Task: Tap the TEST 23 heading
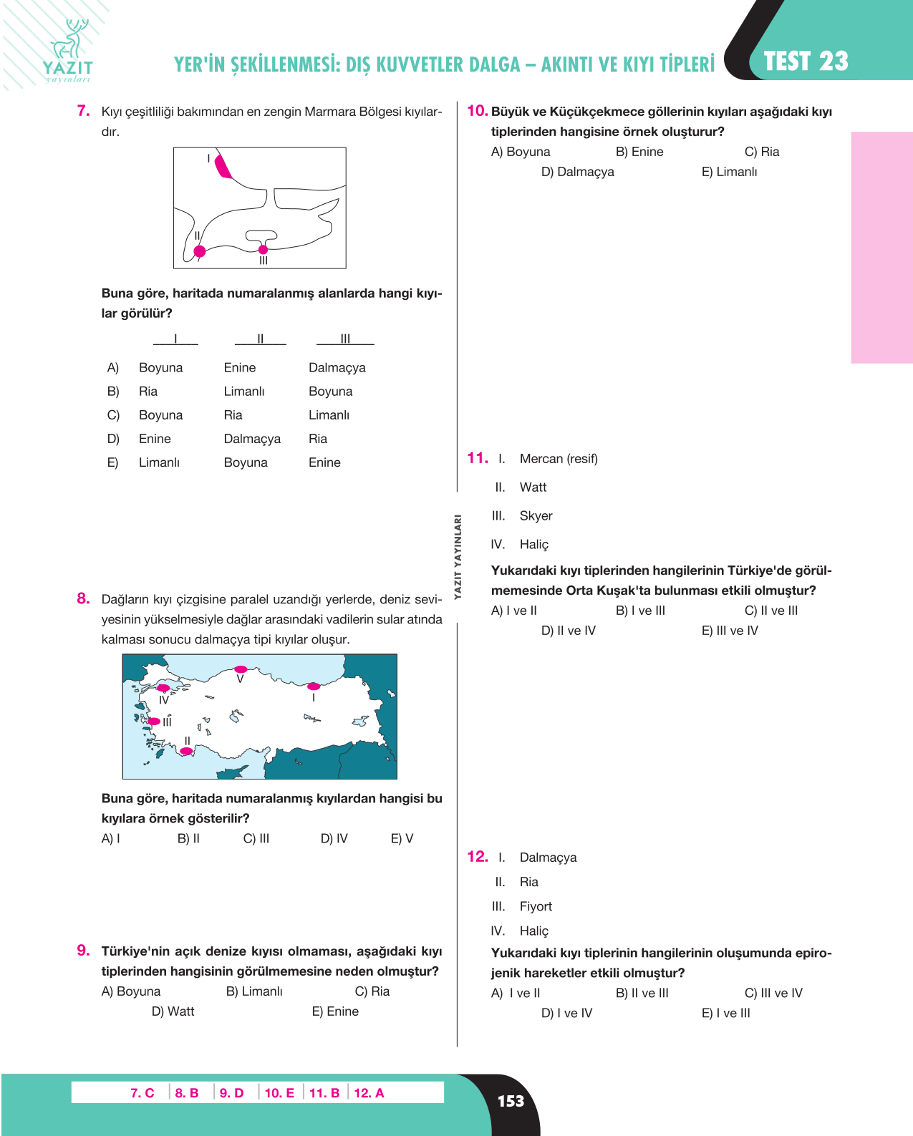tap(806, 62)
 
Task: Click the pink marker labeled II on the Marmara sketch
tap(200, 251)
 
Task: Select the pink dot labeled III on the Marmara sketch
tap(263, 249)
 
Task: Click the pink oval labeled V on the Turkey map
tap(241, 669)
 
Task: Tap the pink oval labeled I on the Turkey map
tap(314, 686)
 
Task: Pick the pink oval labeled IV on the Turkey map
tap(164, 688)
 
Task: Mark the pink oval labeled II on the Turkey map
tap(186, 751)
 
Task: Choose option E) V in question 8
tap(402, 838)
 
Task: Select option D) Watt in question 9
tap(173, 1011)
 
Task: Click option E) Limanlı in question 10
tap(729, 172)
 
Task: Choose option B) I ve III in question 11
tap(640, 610)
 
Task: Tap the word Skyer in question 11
tap(536, 515)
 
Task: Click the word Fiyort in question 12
tap(536, 906)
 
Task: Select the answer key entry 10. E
tap(279, 1093)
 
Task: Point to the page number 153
tap(511, 1101)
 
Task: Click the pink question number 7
tap(84, 111)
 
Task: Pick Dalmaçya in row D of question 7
tap(252, 439)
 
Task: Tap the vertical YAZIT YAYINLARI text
tap(458, 557)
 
